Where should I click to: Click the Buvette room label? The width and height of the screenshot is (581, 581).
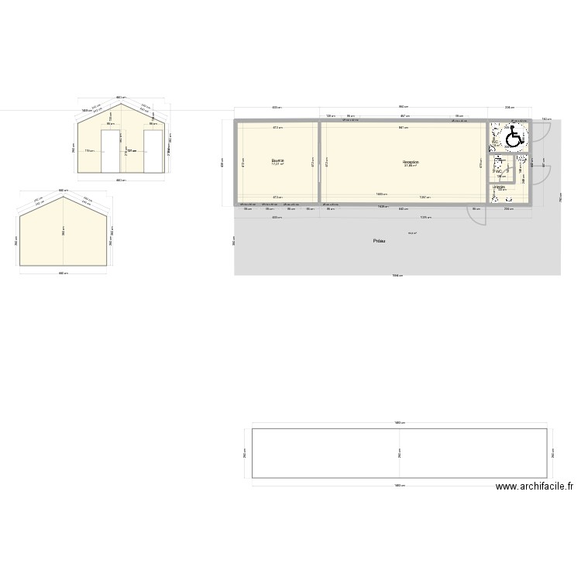pos(277,160)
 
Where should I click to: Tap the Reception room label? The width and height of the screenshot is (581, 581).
pos(411,161)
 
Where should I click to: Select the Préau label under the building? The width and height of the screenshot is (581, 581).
pos(380,242)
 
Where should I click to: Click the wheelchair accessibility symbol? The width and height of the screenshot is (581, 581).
pos(513,139)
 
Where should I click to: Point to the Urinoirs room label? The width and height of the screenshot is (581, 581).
pos(500,187)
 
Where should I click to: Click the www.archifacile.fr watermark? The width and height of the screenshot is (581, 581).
pos(534,487)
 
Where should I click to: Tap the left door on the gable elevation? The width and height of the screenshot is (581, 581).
pos(112,152)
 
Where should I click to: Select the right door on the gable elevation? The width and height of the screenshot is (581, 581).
pos(153,152)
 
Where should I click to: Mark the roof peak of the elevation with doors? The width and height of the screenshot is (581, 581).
pos(121,102)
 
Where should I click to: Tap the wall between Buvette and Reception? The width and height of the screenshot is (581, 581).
pos(319,163)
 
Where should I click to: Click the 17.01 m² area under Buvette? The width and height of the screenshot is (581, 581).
pos(277,164)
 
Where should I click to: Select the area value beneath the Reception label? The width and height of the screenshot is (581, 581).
pos(411,166)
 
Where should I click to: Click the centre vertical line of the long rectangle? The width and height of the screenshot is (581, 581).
pos(400,453)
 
